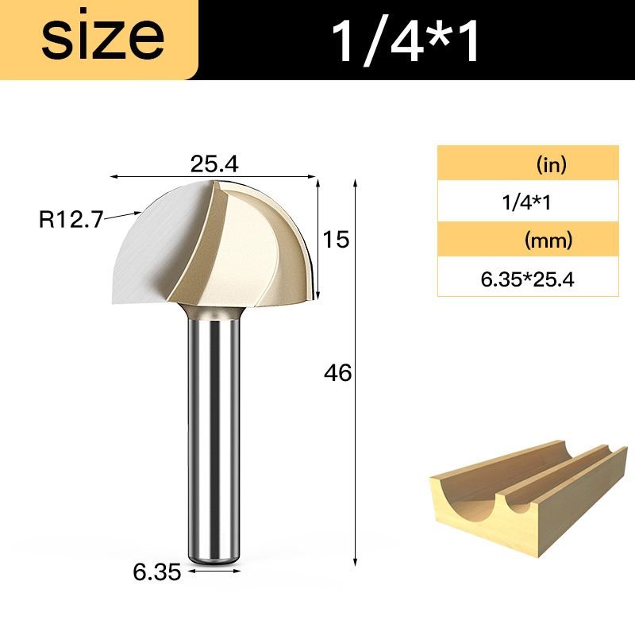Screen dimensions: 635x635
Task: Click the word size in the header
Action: pos(102,37)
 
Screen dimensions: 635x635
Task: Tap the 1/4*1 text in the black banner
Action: pos(406,40)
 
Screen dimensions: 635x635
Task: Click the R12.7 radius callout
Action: pos(71,218)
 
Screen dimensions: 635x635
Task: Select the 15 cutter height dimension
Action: pos(337,239)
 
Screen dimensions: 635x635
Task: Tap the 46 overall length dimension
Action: pos(338,372)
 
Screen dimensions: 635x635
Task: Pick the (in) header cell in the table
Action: pos(550,165)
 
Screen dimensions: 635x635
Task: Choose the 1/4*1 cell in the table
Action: pos(526,202)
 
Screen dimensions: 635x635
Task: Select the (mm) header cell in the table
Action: pos(548,240)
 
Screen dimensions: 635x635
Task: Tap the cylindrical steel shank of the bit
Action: pos(212,437)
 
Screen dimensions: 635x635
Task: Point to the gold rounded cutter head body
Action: pos(254,254)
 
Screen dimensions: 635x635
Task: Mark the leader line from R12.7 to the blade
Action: pos(123,214)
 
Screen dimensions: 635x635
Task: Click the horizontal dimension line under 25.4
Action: pos(212,177)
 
